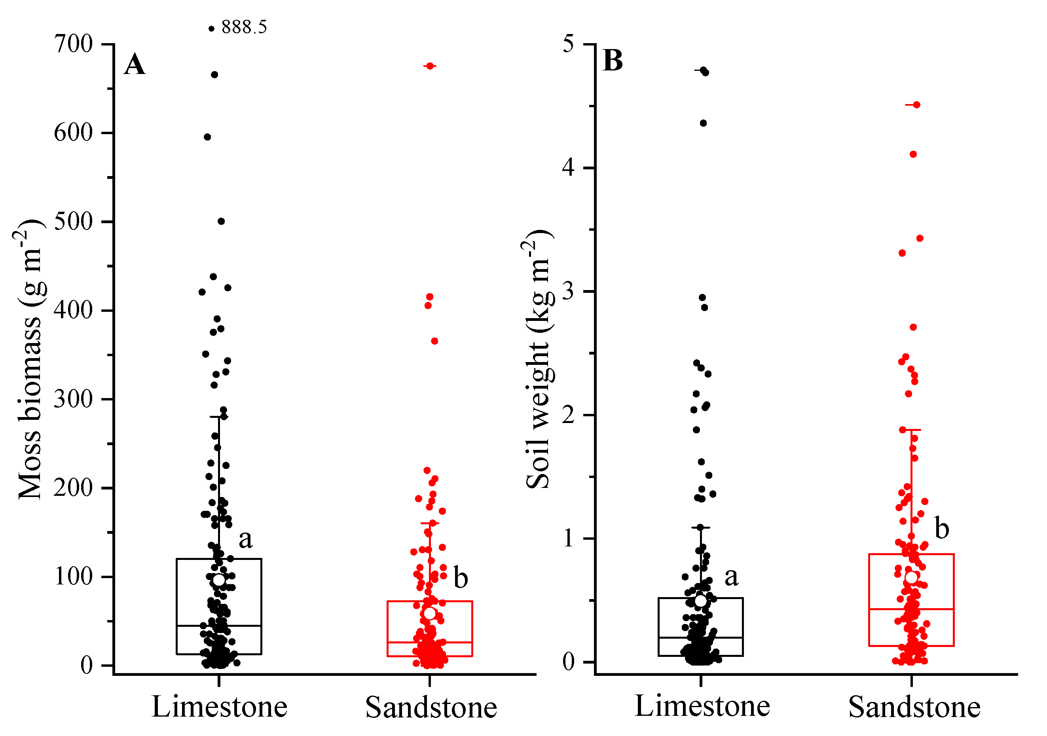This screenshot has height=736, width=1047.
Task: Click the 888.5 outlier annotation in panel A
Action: [x=244, y=27]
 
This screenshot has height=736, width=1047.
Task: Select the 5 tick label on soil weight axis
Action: [x=568, y=44]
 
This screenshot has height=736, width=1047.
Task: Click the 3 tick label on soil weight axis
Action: [x=568, y=291]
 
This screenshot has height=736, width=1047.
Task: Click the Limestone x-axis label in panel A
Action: [x=219, y=707]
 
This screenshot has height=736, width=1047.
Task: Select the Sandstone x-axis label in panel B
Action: [x=914, y=707]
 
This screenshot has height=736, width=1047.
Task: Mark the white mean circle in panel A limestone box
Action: [x=219, y=580]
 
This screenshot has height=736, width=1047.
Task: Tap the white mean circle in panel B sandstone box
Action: [x=911, y=577]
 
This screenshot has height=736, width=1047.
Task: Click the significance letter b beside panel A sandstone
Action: [x=461, y=579]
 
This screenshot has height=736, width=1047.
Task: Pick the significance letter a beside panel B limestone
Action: [x=732, y=577]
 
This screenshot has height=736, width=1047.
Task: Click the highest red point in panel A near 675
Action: [x=430, y=66]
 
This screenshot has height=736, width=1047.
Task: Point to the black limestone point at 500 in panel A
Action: [x=221, y=221]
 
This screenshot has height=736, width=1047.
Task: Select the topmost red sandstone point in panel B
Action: [x=916, y=105]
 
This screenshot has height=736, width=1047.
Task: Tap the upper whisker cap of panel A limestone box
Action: [x=219, y=416]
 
